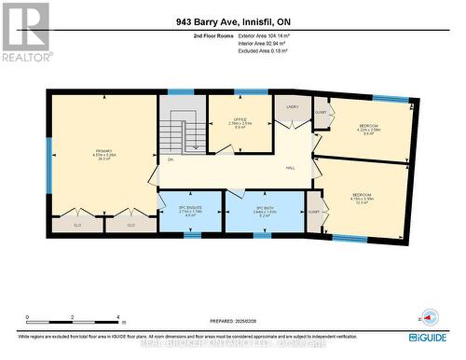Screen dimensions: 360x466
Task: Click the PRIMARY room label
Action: pos(103,150)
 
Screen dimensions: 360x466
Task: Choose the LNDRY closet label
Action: pos(292,108)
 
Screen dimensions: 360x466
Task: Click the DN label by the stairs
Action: pos(171,159)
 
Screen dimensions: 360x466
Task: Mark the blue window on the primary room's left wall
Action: pos(48,168)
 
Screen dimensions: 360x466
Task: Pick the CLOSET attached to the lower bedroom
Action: pos(313,212)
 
